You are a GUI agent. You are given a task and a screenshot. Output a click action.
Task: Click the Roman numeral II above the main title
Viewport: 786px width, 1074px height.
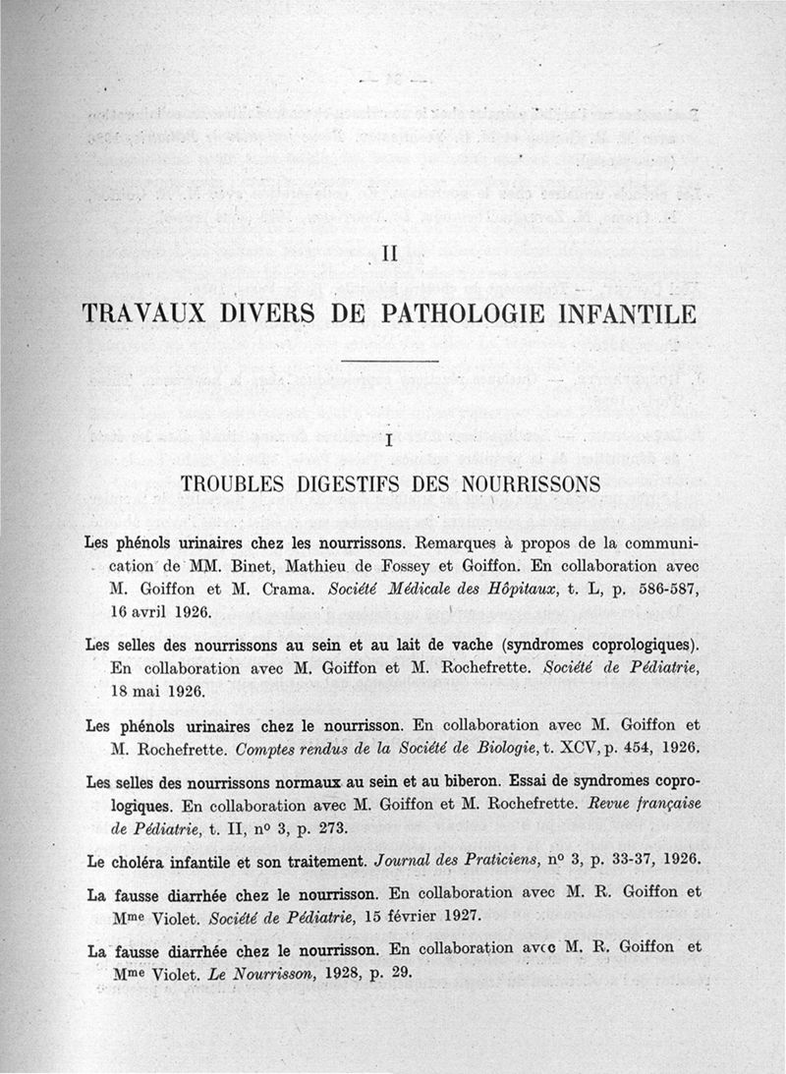(387, 254)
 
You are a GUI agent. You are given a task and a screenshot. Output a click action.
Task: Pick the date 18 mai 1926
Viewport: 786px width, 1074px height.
(155, 690)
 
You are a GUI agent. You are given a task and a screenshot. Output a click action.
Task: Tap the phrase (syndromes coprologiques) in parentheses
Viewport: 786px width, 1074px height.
(600, 645)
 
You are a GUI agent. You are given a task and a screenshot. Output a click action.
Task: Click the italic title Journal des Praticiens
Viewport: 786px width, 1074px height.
(454, 859)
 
